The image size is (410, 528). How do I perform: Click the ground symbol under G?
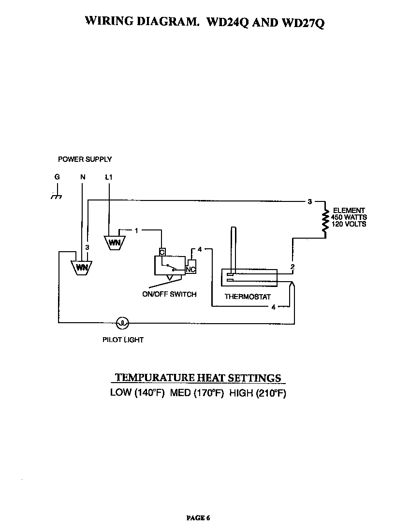57,196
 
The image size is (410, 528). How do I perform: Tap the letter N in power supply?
83,177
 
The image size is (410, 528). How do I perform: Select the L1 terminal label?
109,177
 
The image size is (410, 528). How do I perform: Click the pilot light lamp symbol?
123,322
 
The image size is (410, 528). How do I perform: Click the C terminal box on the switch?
162,252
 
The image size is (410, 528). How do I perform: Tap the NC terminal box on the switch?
190,269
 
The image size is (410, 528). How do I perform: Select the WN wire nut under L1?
114,242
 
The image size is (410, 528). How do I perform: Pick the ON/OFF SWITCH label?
169,294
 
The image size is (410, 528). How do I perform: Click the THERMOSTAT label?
248,297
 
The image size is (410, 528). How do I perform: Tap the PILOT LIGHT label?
123,340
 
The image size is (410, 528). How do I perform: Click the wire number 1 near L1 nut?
137,230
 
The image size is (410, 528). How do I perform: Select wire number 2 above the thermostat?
292,267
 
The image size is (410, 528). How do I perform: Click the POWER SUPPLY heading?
85,159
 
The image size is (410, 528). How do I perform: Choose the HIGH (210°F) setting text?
257,393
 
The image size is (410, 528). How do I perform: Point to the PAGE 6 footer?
198,518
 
